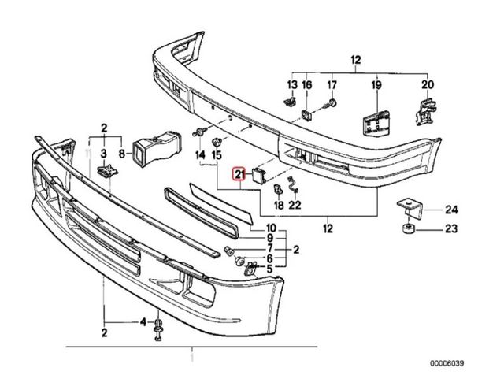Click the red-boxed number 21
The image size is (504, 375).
[x=239, y=176]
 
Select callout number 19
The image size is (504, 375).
[x=376, y=84]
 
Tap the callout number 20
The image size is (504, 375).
[x=428, y=84]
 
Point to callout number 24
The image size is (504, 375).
[x=451, y=209]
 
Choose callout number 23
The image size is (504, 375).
[x=451, y=231]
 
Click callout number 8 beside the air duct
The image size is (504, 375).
[x=121, y=154]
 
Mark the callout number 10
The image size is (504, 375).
[x=270, y=228]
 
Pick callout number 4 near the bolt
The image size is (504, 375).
[x=143, y=321]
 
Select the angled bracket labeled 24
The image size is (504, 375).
[x=409, y=208]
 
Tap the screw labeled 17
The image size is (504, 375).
[x=332, y=103]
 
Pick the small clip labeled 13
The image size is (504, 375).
[x=290, y=102]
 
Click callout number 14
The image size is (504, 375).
[x=199, y=154]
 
